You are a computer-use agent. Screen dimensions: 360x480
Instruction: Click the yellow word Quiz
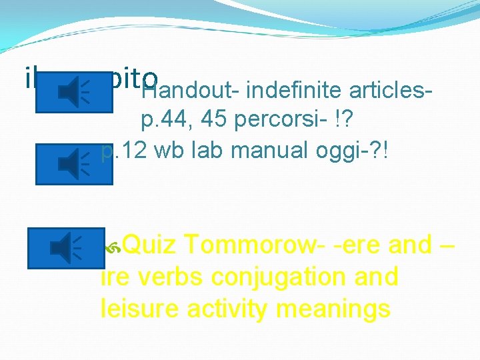click(150, 245)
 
